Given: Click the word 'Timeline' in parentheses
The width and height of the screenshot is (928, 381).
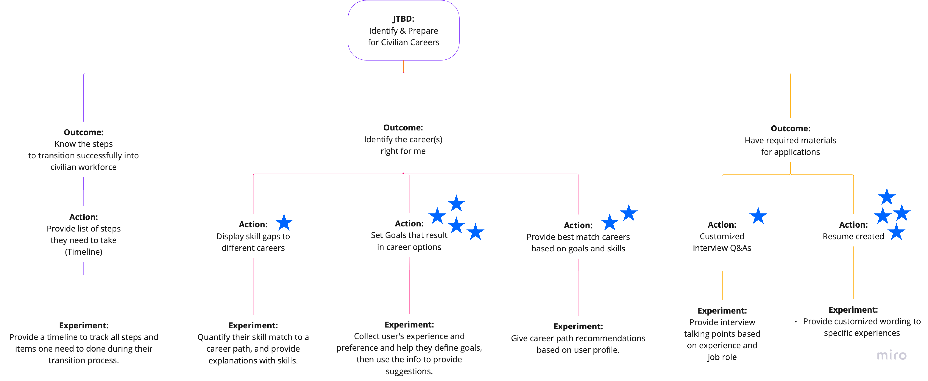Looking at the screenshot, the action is point(84,252).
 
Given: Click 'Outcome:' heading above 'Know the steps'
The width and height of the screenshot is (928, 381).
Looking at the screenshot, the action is point(84,132).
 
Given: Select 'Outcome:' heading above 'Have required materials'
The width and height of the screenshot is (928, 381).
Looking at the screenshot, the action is point(790,128).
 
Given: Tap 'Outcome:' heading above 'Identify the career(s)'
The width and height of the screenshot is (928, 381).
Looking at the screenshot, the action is point(403,128).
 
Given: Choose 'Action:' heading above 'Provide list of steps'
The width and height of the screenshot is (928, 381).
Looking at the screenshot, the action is point(84,217).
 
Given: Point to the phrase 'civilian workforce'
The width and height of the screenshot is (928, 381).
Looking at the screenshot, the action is point(84,167).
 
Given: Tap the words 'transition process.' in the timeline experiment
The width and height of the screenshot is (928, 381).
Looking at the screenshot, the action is point(84,360).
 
